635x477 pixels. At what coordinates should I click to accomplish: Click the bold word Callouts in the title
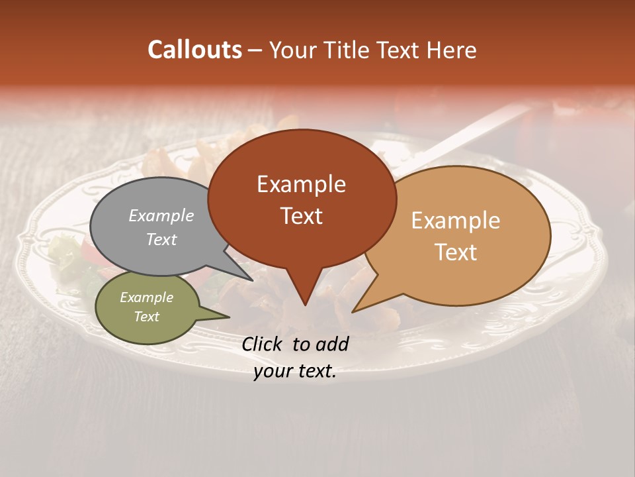(194, 50)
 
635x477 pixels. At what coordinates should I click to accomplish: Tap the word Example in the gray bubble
(161, 216)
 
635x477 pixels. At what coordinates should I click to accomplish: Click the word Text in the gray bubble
(161, 239)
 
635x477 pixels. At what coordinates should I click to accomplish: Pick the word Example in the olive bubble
(146, 297)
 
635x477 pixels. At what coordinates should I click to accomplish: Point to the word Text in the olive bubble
(146, 317)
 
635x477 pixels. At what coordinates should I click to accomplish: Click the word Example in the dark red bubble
(301, 184)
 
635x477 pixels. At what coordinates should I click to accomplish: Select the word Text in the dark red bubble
(301, 216)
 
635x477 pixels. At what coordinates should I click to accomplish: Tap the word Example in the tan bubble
(456, 221)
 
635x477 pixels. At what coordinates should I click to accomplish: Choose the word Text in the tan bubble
(456, 252)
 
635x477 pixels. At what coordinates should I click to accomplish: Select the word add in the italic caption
(332, 344)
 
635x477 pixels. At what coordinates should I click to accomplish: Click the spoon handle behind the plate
(476, 129)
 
